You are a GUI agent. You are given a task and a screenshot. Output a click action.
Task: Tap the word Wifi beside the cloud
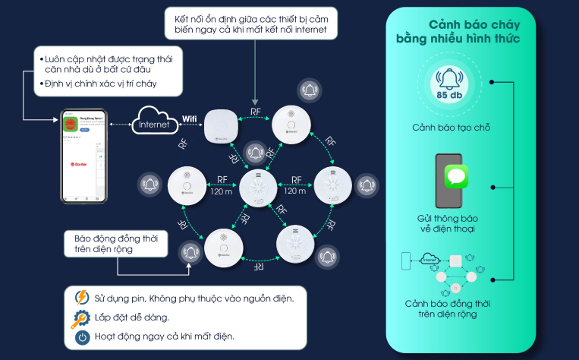190,119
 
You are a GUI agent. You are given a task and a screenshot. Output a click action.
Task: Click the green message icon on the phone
455,178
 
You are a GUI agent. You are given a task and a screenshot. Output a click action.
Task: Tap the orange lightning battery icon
81,296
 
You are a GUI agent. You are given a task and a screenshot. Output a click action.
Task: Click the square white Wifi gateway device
222,125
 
